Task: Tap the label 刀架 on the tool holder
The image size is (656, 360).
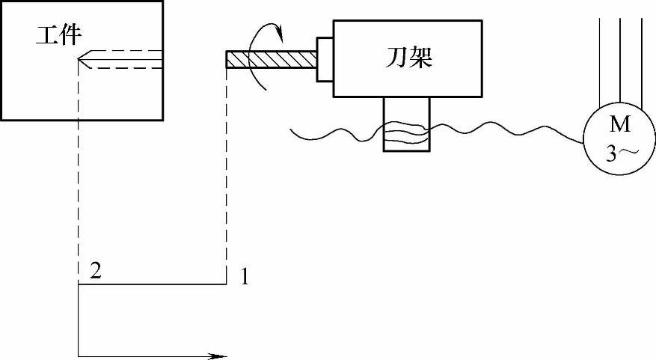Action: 405,58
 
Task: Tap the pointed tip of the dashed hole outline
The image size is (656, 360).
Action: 79,59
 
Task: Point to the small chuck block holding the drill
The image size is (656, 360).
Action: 324,58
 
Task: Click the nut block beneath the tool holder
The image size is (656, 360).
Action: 406,124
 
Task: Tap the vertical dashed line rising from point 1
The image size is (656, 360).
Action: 227,172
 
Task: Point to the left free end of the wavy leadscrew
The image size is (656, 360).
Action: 291,132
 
